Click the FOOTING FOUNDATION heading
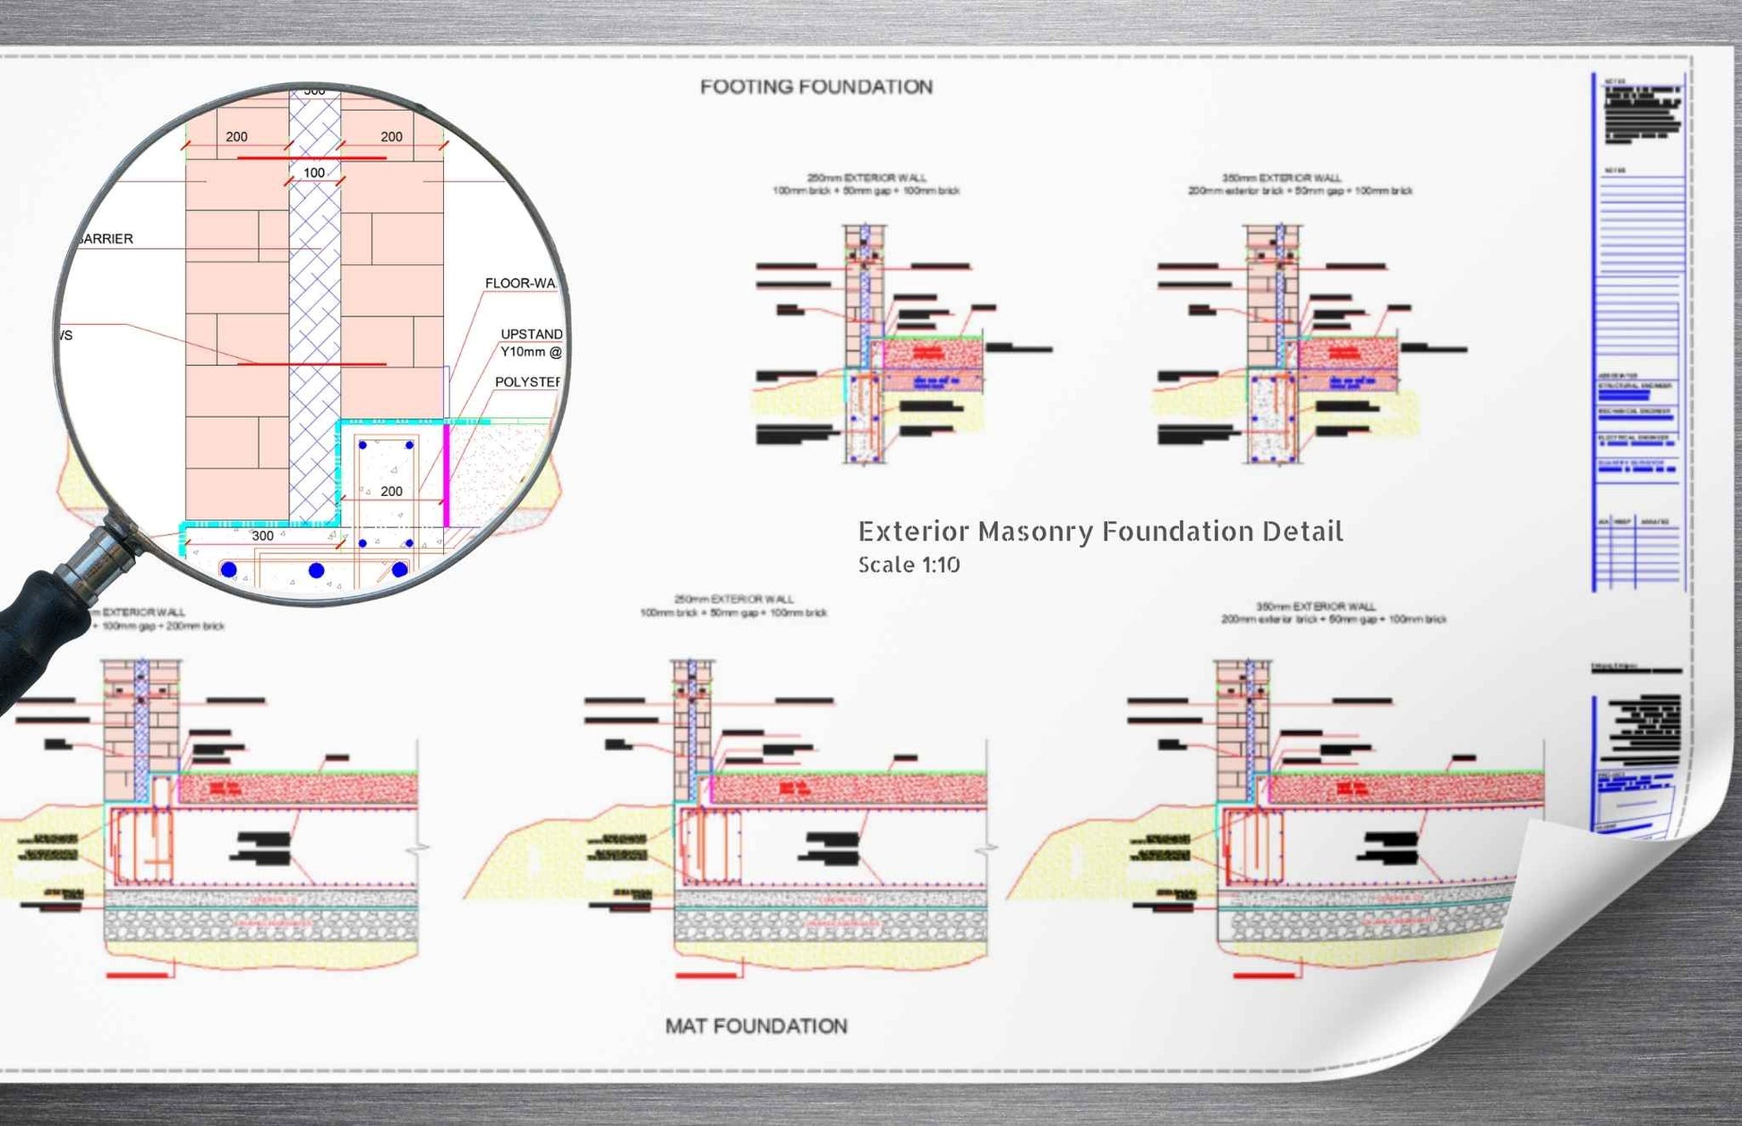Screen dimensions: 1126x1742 815,87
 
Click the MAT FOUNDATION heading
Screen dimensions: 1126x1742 756,1026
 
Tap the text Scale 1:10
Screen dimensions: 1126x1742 909,565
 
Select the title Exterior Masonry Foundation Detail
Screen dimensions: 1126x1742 1100,532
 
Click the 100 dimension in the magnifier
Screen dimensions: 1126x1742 314,173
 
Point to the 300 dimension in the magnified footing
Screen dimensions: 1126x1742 262,535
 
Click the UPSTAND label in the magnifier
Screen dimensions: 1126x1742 531,334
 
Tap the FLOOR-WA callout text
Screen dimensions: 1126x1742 520,283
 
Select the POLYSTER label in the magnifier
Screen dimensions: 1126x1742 526,381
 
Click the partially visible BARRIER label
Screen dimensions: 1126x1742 105,239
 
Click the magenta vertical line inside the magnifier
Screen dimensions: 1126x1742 446,474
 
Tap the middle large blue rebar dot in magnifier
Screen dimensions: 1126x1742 316,570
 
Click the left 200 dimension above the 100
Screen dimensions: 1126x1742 236,137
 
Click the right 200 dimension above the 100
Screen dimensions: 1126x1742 391,137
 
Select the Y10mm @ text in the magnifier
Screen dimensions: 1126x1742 531,352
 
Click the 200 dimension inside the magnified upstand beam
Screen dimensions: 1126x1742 391,491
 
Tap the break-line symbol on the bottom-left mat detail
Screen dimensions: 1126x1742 418,846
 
